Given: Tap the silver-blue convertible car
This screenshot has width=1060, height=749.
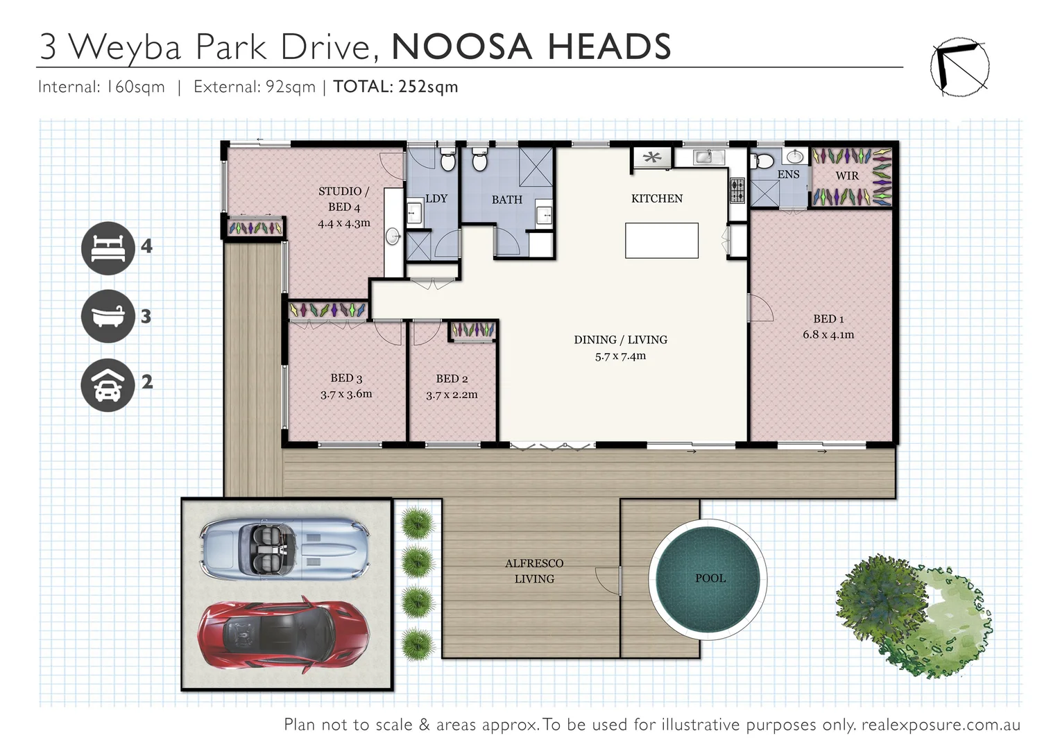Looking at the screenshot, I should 284,547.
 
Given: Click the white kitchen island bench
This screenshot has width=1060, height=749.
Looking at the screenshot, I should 661,241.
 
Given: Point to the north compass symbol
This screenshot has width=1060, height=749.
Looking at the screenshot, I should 959,67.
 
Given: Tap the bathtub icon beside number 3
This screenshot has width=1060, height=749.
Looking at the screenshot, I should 108,316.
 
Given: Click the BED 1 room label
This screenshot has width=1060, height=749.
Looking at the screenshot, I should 828,319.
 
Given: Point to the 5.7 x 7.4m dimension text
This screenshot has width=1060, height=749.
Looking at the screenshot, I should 620,356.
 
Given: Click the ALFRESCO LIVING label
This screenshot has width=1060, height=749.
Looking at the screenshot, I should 534,571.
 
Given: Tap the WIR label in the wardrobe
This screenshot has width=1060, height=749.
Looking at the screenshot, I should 847,176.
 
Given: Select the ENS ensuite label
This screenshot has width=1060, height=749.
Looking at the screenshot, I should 788,175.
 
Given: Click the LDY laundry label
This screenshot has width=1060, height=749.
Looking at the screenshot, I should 436,198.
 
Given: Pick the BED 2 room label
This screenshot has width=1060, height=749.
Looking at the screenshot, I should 452,379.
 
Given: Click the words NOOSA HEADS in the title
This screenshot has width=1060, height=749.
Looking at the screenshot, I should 531,46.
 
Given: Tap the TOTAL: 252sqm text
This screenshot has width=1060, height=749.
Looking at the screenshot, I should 395,87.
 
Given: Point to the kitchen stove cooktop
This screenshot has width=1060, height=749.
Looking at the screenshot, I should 737,190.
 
